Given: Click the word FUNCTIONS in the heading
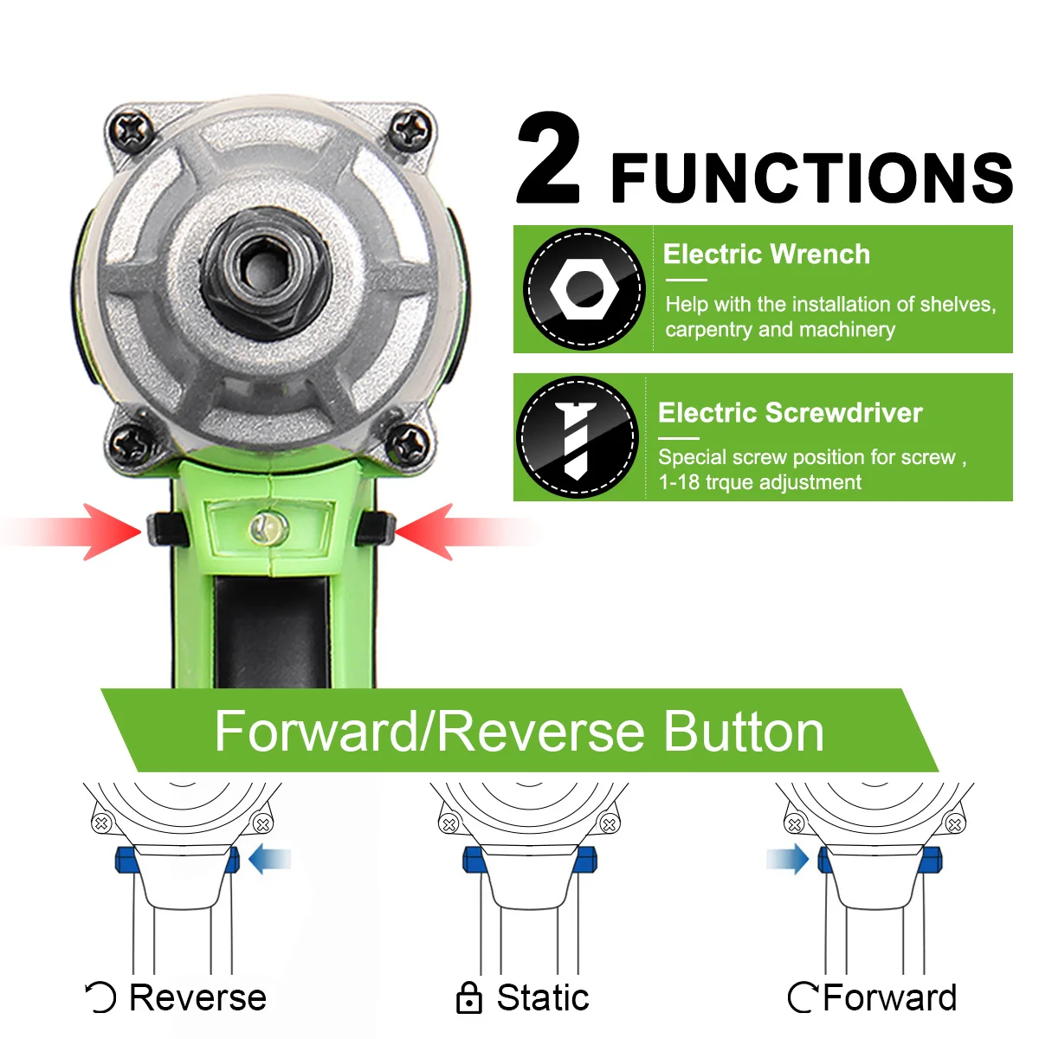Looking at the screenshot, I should [x=811, y=178].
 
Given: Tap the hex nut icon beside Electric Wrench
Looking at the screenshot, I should [x=584, y=289].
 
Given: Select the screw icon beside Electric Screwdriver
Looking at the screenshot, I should [x=577, y=437].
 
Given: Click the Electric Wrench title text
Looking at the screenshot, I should [x=766, y=255].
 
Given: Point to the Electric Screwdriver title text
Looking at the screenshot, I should [x=790, y=413].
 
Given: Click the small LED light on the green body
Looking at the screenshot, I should [x=268, y=526].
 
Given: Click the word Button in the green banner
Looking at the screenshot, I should [x=744, y=732].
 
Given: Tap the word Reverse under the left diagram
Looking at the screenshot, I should [x=197, y=997].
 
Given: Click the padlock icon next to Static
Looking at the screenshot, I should [x=468, y=998].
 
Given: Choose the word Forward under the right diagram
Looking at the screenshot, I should [x=889, y=997].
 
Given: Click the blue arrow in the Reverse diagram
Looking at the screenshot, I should [x=269, y=860].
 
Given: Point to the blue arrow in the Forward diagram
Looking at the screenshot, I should [x=787, y=860].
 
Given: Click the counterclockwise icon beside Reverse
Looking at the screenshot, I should [x=101, y=997].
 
